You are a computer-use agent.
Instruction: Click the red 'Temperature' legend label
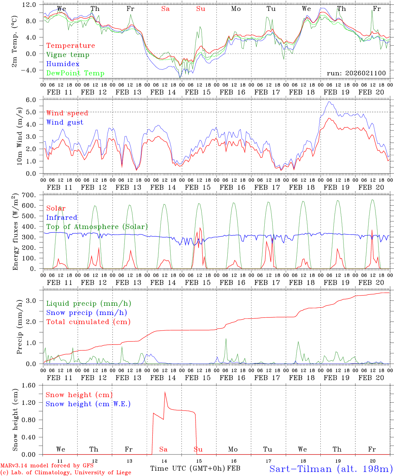coord(71,46)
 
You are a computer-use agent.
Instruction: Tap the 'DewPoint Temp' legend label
coord(75,73)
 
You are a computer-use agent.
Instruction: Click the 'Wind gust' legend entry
coord(65,122)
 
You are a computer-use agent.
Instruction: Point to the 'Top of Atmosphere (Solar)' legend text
coord(97,227)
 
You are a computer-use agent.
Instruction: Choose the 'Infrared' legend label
coord(62,218)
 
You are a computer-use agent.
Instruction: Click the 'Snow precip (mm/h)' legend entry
coord(86,313)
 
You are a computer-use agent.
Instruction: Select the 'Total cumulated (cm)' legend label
coord(88,322)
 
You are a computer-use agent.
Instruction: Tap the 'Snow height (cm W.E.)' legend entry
coord(88,404)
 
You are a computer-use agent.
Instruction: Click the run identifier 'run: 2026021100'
coord(356,73)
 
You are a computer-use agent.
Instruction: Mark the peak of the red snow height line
coord(165,392)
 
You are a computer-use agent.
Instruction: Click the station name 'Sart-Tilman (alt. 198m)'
coord(331,469)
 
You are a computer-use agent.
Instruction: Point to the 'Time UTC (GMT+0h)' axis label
coord(188,469)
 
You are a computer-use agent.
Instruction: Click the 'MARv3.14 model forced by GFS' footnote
coord(47,466)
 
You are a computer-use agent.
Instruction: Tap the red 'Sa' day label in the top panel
coord(165,9)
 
